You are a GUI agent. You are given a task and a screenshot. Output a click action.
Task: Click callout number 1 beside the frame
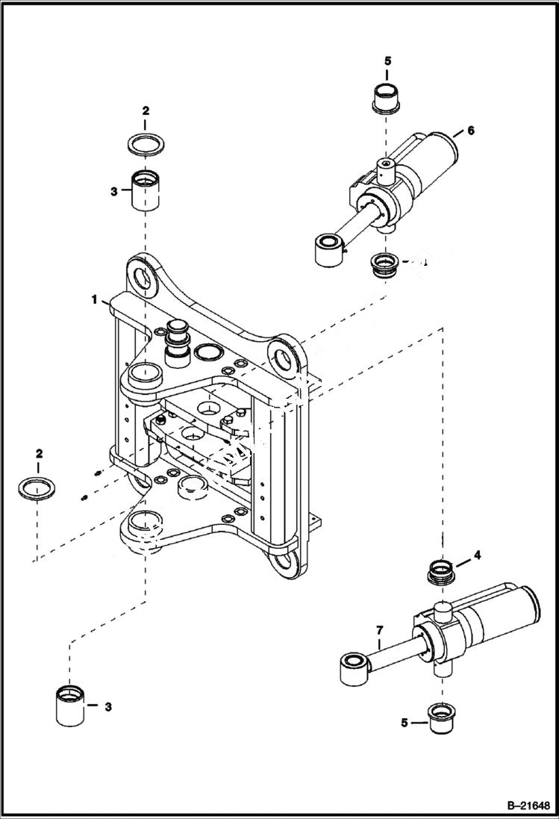(95, 299)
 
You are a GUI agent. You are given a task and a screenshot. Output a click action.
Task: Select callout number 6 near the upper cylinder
(470, 131)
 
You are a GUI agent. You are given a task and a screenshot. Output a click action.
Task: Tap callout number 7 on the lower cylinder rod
(378, 629)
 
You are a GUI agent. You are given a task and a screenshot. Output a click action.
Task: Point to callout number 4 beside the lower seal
(477, 556)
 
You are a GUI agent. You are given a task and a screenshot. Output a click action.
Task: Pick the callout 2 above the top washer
(146, 110)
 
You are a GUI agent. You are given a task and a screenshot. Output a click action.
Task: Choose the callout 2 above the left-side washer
(39, 453)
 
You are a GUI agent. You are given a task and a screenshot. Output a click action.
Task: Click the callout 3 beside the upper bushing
(113, 191)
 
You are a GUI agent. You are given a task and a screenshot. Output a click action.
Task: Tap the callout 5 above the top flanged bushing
(387, 61)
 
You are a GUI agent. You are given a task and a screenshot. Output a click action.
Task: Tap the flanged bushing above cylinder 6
(387, 99)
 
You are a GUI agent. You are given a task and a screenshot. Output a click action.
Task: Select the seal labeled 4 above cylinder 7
(442, 572)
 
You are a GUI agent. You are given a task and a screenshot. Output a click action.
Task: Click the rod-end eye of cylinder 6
(326, 249)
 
